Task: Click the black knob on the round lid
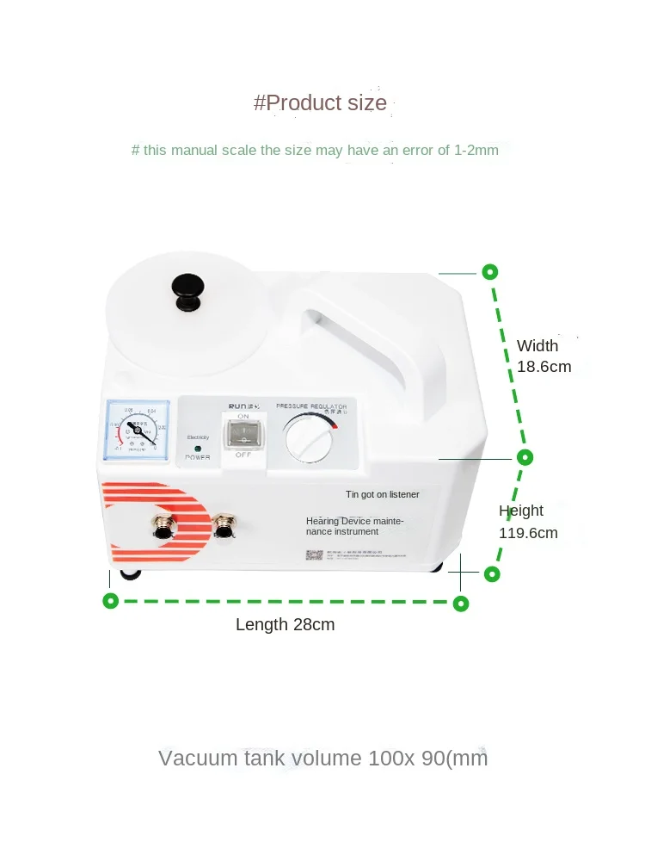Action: (x=188, y=291)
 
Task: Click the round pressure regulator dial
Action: (x=309, y=437)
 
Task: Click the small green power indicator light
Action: (x=197, y=449)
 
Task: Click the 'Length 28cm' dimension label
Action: (x=285, y=625)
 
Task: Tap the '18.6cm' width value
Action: (x=544, y=367)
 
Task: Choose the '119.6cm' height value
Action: (x=528, y=533)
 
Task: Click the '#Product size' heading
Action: (x=320, y=103)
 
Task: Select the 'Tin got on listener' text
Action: (x=382, y=494)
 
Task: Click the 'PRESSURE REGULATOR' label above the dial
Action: (x=311, y=405)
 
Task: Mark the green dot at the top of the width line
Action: (x=489, y=272)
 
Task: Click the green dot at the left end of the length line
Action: (x=110, y=601)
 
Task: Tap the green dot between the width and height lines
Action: (x=525, y=457)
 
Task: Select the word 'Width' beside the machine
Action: (x=537, y=346)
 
